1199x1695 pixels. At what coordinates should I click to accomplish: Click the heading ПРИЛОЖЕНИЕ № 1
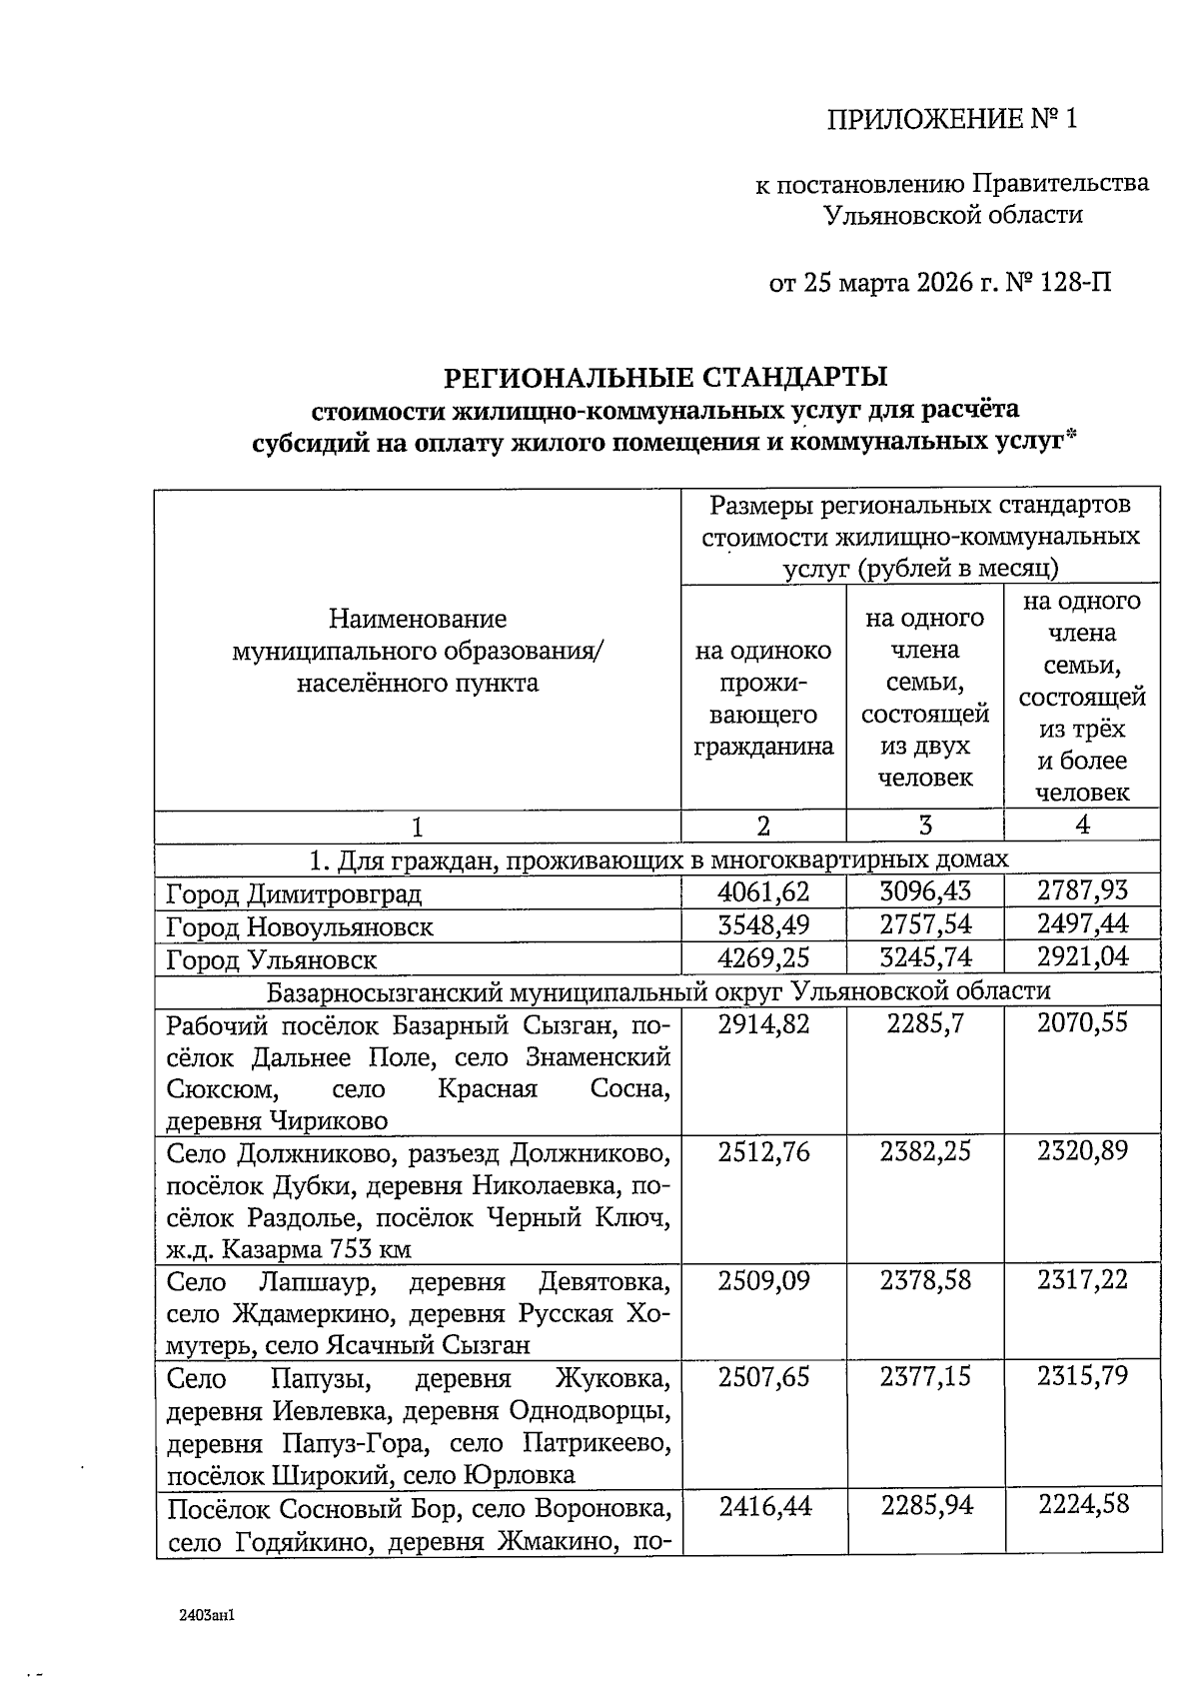click(x=952, y=120)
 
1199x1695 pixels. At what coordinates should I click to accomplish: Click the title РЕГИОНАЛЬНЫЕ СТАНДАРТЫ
click(x=665, y=377)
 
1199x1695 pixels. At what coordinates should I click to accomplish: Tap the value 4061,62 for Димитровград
click(x=763, y=891)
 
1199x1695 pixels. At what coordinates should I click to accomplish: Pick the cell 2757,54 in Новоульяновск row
click(x=925, y=924)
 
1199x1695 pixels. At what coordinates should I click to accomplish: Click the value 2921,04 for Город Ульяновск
click(x=1082, y=957)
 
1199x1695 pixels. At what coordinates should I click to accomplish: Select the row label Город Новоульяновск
click(x=300, y=926)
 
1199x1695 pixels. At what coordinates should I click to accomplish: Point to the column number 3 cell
click(x=925, y=826)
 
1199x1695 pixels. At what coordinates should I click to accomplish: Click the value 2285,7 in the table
click(x=925, y=1023)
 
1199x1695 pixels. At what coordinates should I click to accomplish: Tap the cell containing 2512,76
click(x=763, y=1152)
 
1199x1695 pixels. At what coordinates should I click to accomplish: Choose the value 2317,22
click(x=1082, y=1280)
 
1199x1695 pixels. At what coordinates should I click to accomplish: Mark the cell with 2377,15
click(x=925, y=1377)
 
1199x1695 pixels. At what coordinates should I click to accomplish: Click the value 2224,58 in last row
click(x=1082, y=1505)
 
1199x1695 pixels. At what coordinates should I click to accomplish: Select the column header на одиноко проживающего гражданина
click(x=763, y=699)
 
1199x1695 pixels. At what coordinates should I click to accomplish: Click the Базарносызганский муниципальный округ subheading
click(x=658, y=990)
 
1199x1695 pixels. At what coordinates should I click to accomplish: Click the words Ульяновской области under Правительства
click(x=952, y=215)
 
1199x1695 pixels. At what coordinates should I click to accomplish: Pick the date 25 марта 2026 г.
click(x=904, y=283)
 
